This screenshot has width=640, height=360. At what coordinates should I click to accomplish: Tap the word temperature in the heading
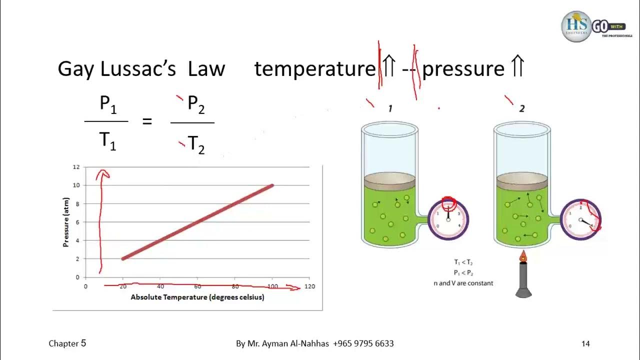[x=314, y=68]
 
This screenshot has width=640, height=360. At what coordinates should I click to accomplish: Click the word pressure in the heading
[x=463, y=69]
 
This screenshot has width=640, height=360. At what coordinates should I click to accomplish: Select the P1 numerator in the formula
[x=107, y=104]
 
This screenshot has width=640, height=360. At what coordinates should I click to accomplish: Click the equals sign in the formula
[x=147, y=121]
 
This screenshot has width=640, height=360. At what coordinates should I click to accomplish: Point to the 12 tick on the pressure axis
[x=76, y=167]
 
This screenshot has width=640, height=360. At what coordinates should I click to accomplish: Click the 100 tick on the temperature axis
[x=272, y=286]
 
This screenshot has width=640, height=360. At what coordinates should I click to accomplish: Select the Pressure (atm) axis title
[x=66, y=221]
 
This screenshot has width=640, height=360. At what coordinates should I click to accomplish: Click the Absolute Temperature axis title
[x=197, y=297]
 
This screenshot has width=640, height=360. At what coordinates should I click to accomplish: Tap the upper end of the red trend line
[x=271, y=186]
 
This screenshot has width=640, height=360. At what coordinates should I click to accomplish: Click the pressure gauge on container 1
[x=448, y=219]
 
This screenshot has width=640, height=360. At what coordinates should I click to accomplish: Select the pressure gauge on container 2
[x=580, y=220]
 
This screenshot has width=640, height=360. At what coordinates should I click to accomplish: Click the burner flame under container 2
[x=523, y=257]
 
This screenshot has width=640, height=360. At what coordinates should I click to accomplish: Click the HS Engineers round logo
[x=576, y=26]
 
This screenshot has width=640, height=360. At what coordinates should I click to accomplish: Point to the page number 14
[x=585, y=343]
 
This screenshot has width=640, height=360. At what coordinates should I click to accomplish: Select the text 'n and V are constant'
[x=463, y=283]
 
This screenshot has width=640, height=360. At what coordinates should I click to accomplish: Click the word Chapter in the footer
[x=63, y=343]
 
